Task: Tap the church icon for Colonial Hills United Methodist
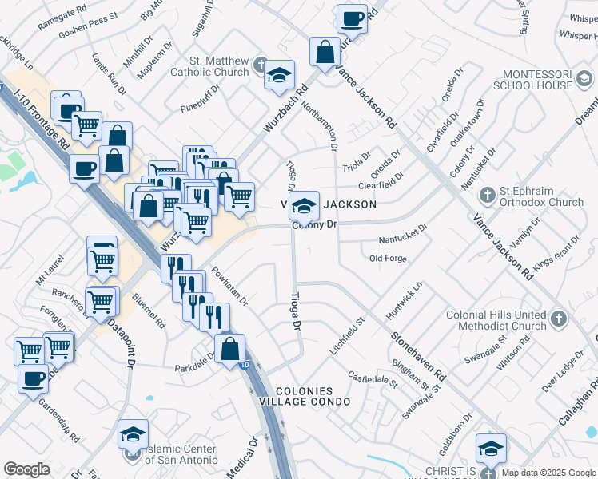[558, 319]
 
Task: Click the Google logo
[27, 469]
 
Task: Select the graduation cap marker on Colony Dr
[304, 207]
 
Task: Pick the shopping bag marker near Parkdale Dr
[230, 348]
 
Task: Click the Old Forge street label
[389, 259]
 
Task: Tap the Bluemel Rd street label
[149, 314]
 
